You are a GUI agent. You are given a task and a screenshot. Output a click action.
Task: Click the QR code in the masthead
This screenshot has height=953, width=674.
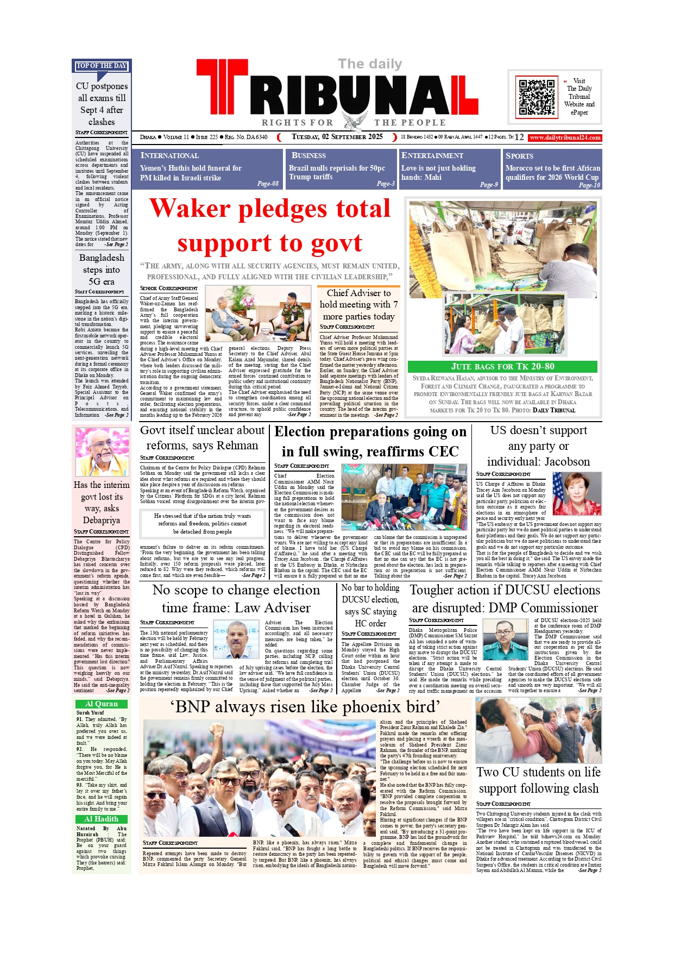coord(537,97)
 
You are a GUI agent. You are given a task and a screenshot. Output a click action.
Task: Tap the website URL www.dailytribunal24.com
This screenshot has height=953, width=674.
coord(565,137)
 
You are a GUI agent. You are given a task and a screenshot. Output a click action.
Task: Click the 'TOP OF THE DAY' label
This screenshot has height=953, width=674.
coord(102,66)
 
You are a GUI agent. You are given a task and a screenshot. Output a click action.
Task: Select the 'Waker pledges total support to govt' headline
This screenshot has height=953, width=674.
coord(270,225)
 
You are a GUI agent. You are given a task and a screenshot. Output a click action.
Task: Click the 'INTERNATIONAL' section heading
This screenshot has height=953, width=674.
coord(169,155)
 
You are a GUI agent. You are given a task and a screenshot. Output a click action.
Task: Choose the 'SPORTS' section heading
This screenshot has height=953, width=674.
coord(519,155)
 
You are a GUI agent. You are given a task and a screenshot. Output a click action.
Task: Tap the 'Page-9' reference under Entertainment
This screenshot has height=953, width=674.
coord(489,185)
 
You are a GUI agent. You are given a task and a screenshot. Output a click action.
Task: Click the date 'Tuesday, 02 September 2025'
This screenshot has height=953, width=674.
coord(337,137)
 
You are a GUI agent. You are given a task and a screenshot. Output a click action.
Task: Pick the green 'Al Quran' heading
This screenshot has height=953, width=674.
coord(102,704)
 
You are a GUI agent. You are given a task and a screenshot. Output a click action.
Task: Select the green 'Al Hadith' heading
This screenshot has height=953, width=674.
coord(102,819)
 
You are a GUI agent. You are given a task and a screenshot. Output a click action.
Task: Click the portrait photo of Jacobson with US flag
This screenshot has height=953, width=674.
coord(577,493)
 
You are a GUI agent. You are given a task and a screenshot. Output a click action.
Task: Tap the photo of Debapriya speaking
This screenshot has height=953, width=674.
coord(102,452)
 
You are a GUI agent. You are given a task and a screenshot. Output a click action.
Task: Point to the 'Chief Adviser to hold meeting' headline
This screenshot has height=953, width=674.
coord(358,304)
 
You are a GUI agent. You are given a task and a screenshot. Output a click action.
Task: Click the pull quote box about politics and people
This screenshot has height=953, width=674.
coord(203,523)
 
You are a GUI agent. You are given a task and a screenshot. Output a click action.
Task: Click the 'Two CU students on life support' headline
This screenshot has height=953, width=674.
coord(538,780)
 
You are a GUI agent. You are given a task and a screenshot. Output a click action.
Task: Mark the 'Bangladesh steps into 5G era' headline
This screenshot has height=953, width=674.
coord(102,269)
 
